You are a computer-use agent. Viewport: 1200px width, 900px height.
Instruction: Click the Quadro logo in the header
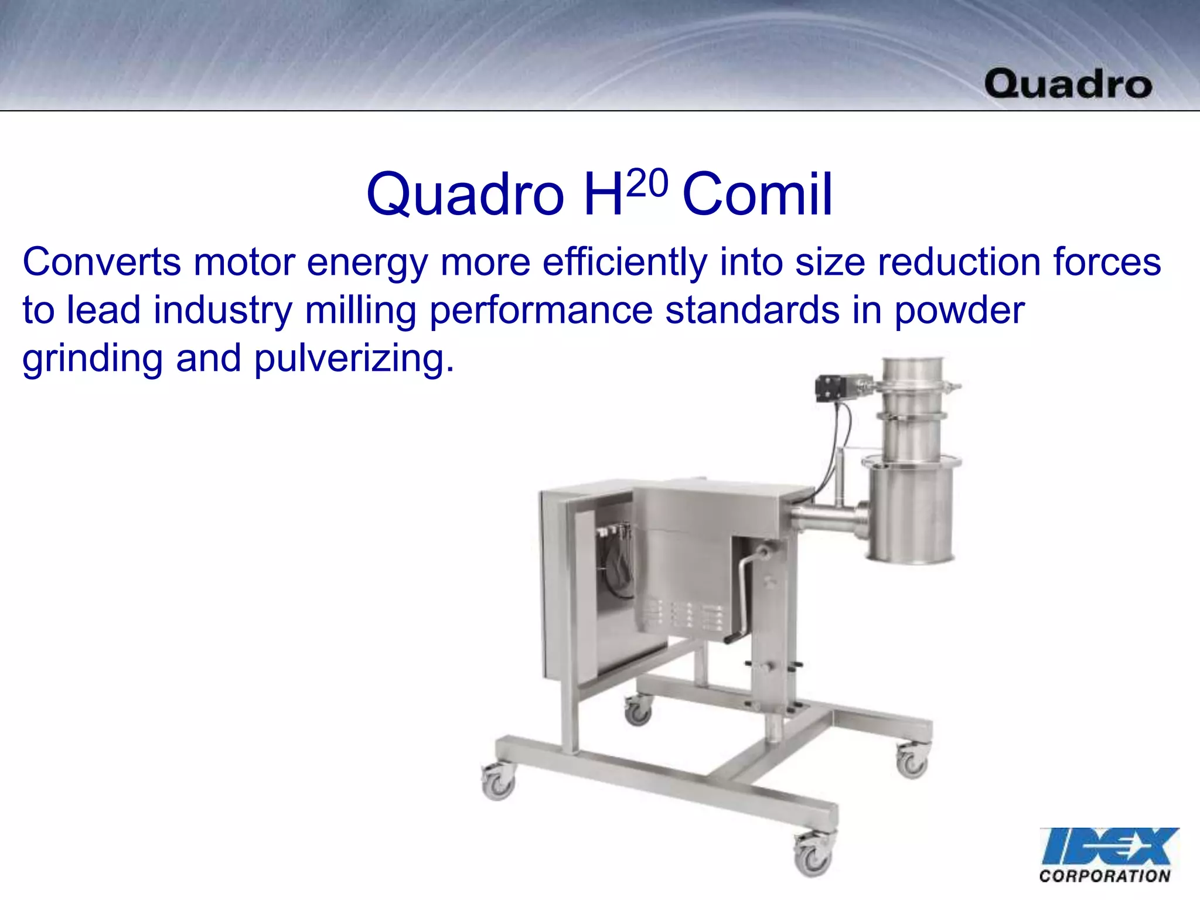click(x=1068, y=84)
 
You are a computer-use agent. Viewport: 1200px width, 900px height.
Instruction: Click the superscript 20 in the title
click(x=647, y=183)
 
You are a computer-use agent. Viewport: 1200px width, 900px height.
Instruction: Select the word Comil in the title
click(x=757, y=195)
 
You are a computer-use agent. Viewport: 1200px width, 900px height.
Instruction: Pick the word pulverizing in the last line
click(x=354, y=358)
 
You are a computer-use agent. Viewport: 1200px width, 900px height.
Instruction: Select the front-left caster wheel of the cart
click(x=498, y=782)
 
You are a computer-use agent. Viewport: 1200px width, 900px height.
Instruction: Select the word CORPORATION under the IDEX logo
click(x=1104, y=877)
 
